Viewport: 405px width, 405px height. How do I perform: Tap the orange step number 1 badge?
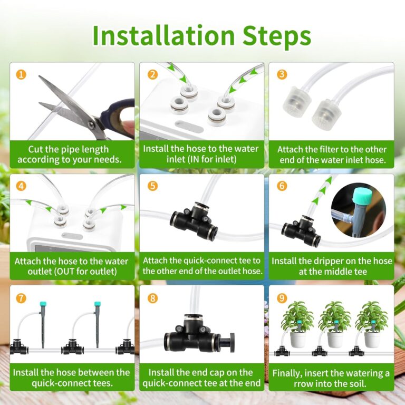tap(21, 74)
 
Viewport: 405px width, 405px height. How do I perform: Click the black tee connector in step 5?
tap(194, 222)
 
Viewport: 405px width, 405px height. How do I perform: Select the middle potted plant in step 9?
tap(334, 324)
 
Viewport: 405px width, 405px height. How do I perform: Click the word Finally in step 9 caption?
tap(289, 373)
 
